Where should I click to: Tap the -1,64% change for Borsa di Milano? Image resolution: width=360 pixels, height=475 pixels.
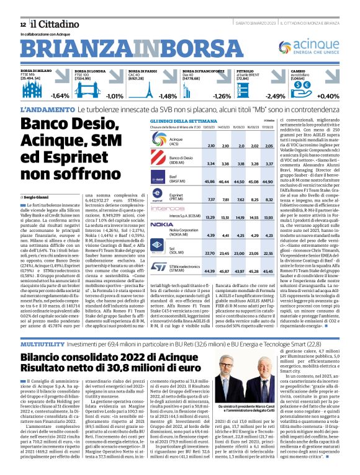click(60, 96)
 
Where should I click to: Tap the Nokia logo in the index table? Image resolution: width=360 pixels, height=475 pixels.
click(161, 224)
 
